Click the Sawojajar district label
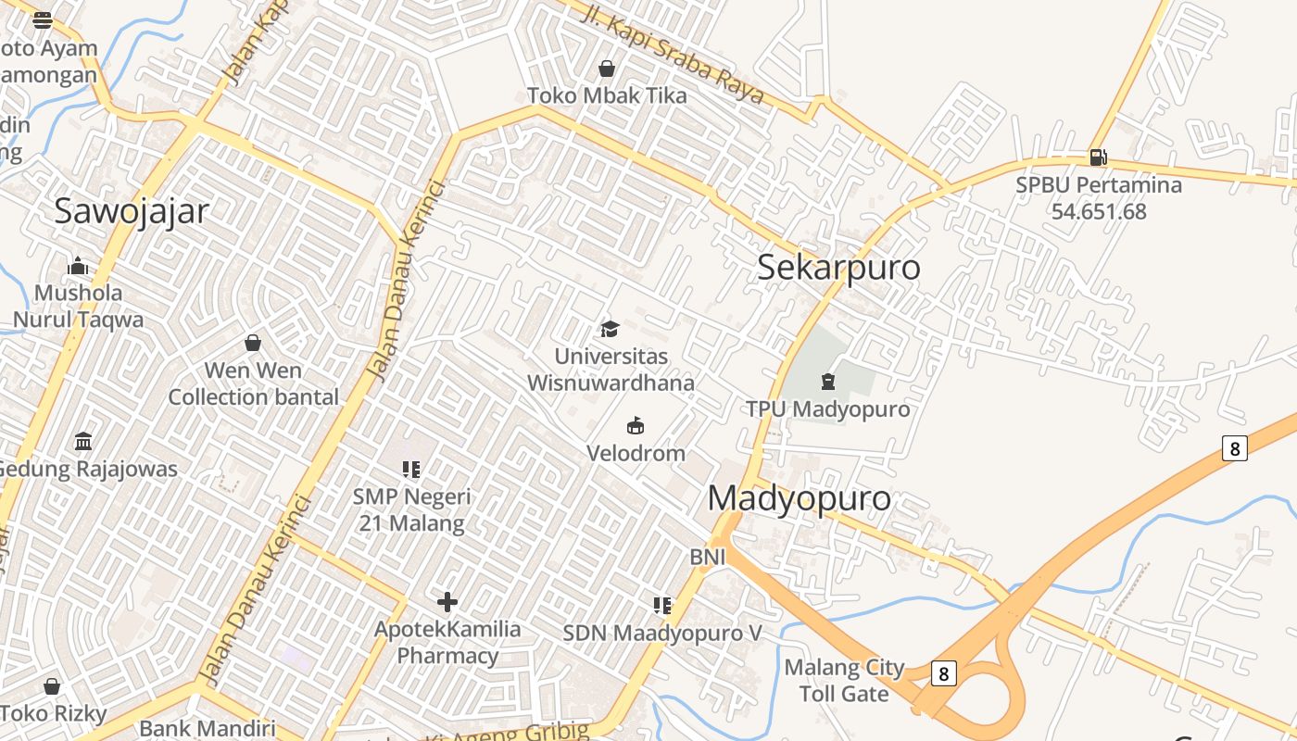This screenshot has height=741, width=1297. click(x=132, y=211)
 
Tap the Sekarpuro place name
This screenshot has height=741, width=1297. click(x=838, y=267)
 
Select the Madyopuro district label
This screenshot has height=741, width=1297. click(x=800, y=498)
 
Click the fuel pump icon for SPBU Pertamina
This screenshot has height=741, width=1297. click(x=1098, y=157)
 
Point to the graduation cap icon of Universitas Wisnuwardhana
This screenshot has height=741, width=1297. click(x=610, y=329)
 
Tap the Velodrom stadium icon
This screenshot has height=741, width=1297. click(x=636, y=426)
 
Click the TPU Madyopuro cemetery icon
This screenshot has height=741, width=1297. click(x=828, y=382)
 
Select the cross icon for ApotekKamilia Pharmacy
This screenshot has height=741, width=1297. click(x=447, y=602)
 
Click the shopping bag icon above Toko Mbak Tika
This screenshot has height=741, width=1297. click(x=607, y=69)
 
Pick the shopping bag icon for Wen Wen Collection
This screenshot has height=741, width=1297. click(x=253, y=344)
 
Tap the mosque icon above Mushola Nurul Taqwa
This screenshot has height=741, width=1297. click(x=78, y=267)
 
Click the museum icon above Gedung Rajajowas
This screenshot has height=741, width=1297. click(x=84, y=440)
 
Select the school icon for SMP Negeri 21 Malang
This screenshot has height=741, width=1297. click(x=411, y=470)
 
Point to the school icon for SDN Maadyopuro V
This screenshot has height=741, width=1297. click(x=662, y=606)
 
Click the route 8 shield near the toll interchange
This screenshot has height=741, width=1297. click(x=943, y=673)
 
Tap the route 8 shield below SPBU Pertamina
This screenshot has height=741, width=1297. click(x=1233, y=448)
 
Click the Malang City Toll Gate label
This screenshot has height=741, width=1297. click(x=844, y=681)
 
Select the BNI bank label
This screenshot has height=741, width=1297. click(x=707, y=558)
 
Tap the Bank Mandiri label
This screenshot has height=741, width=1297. click(x=208, y=728)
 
